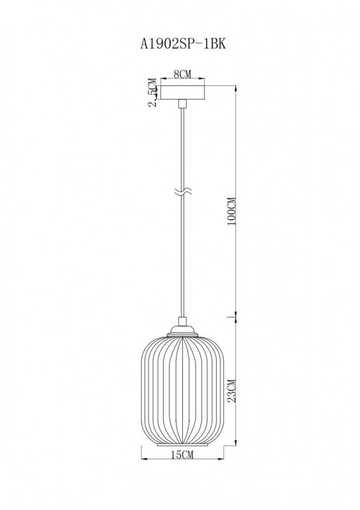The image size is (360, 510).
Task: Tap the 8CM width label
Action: click(x=182, y=75)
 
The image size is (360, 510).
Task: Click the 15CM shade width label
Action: click(x=182, y=454)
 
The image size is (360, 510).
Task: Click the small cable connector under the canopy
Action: click(x=182, y=103)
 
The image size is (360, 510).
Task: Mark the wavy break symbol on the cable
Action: click(x=182, y=191)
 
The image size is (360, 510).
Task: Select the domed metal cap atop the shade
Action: click(x=182, y=332)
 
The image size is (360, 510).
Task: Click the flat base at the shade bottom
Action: click(x=182, y=444)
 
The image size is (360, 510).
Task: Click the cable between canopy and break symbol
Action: click(x=182, y=147)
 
